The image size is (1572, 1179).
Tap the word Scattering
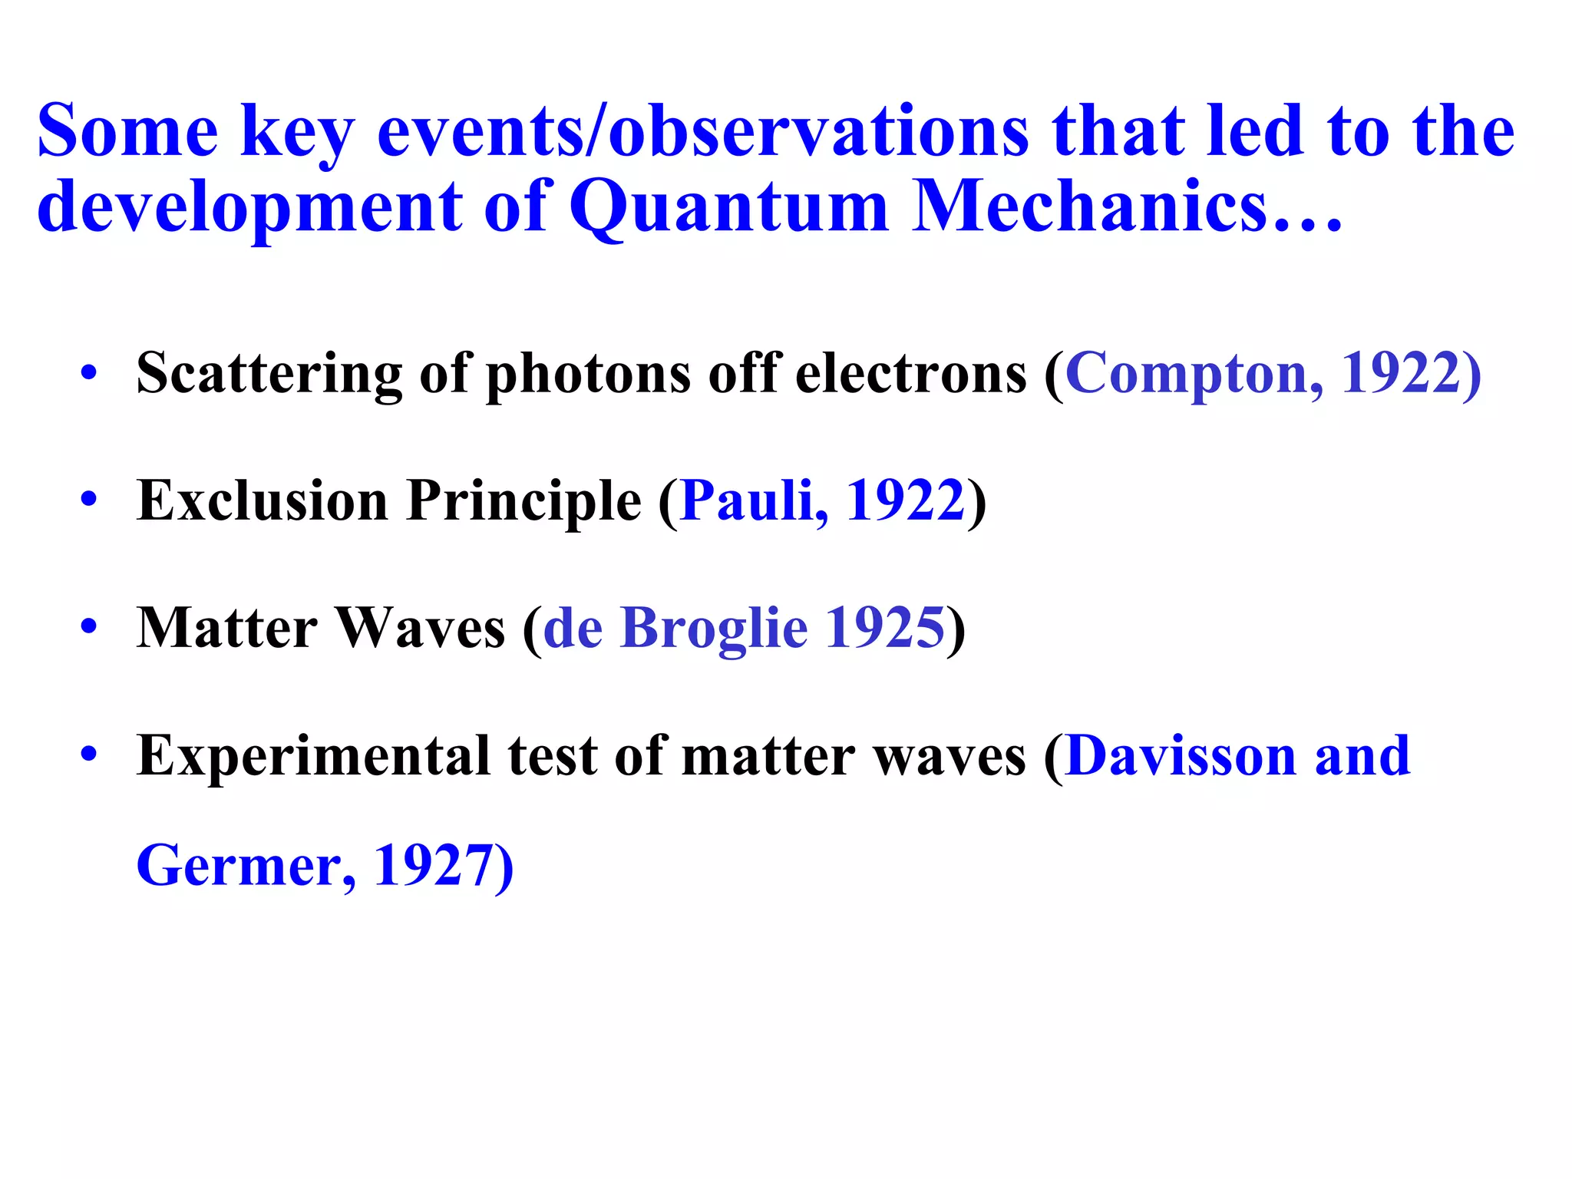[269, 374]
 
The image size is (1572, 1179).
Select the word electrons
[910, 374]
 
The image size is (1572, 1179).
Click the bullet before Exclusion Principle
[89, 500]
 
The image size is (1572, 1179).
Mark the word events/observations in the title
[702, 132]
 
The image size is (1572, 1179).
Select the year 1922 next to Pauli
[904, 501]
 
